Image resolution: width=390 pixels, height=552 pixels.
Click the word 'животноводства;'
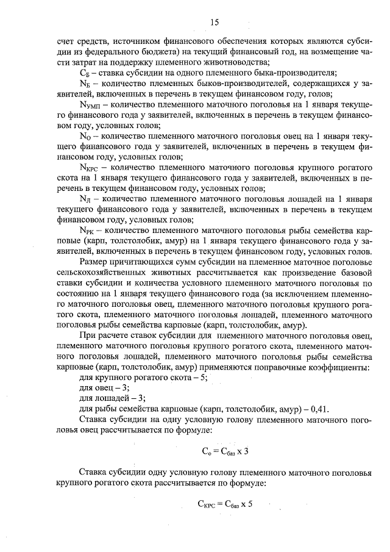237,62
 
